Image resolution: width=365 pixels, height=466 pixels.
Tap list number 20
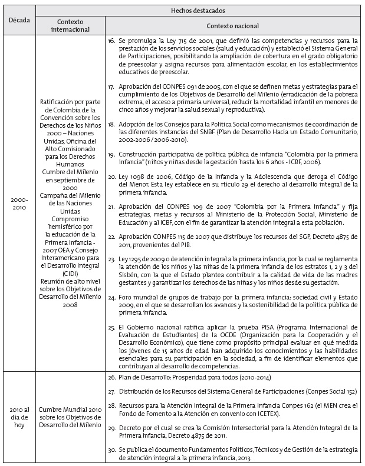click(x=111, y=177)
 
